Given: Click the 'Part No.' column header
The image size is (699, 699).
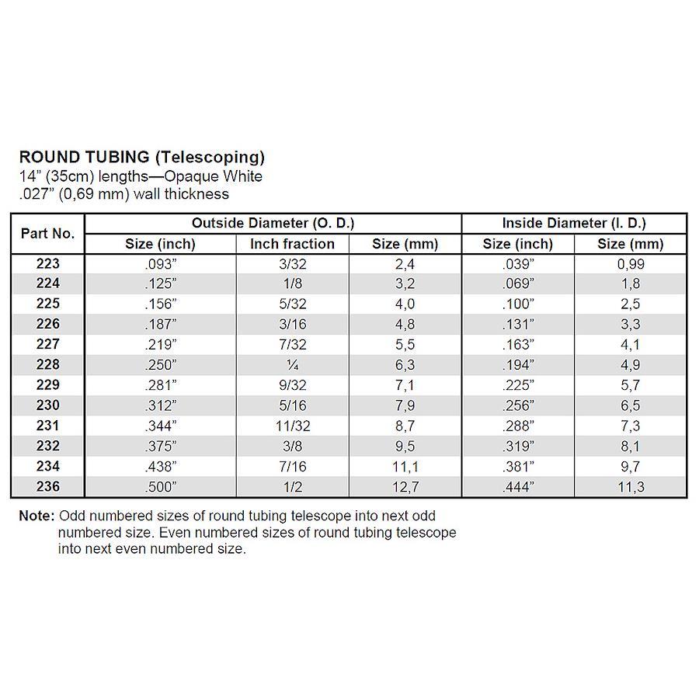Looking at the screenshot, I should click(x=47, y=233).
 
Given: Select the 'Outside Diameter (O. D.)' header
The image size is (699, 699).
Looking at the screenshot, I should click(x=273, y=223).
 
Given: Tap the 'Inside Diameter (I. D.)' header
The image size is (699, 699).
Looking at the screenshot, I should click(x=574, y=223).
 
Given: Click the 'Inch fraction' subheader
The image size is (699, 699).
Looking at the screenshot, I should click(x=292, y=244).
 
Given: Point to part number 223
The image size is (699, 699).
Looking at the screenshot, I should click(x=47, y=264).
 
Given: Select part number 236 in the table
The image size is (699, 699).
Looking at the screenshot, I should click(x=47, y=487).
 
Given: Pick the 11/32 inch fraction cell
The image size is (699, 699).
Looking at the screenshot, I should click(x=292, y=426).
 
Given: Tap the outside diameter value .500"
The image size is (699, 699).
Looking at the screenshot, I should click(x=161, y=487).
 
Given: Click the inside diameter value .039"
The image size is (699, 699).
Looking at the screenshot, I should click(x=518, y=264).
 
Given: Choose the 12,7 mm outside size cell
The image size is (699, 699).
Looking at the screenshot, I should click(x=405, y=487).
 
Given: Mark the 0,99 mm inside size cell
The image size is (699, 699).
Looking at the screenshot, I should click(x=631, y=264).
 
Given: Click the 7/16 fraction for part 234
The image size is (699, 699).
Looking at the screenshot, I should click(x=292, y=467).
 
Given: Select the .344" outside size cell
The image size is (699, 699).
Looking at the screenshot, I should click(x=161, y=426).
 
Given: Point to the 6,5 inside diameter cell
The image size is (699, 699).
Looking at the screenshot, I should click(x=631, y=406).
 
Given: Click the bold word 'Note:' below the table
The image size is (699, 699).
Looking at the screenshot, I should click(x=37, y=516).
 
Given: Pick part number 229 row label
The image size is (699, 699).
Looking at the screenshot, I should click(x=47, y=385).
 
